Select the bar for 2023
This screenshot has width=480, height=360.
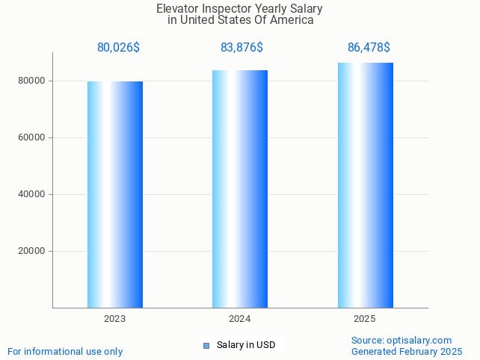click(x=115, y=194)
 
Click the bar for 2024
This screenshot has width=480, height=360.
click(x=240, y=188)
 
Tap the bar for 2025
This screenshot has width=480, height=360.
click(x=365, y=185)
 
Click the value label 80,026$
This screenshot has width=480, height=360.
click(x=118, y=48)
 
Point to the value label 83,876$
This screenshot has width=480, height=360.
click(x=241, y=48)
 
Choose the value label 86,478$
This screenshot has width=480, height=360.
click(x=369, y=48)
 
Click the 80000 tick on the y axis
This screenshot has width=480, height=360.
click(x=33, y=81)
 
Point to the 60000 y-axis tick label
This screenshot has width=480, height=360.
click(x=33, y=137)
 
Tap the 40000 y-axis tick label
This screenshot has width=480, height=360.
click(x=33, y=194)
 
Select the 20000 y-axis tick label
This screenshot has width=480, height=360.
click(x=33, y=251)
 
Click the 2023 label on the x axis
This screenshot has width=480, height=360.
click(x=115, y=319)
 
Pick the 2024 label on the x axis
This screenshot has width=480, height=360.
click(x=240, y=319)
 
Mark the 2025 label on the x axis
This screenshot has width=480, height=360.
click(x=365, y=319)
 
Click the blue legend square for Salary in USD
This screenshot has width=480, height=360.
click(x=206, y=345)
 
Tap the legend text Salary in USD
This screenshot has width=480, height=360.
click(x=246, y=345)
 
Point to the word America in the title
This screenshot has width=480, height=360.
click(x=291, y=20)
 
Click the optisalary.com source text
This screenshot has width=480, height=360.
click(x=401, y=340)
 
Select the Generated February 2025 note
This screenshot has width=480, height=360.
click(x=407, y=351)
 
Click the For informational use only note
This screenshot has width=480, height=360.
click(x=65, y=351)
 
